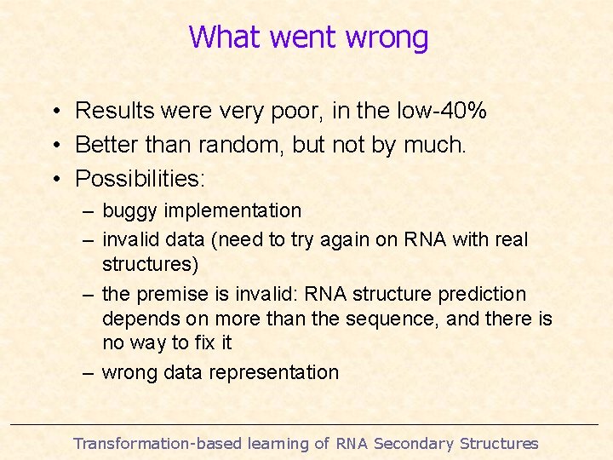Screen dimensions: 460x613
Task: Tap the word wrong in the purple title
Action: (388, 38)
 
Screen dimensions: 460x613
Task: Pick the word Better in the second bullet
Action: (108, 145)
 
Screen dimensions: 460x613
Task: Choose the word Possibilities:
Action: (141, 179)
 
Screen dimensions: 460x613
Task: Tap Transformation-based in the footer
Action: (158, 443)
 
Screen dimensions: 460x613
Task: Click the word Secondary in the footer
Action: (414, 443)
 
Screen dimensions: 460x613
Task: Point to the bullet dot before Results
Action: (54, 112)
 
